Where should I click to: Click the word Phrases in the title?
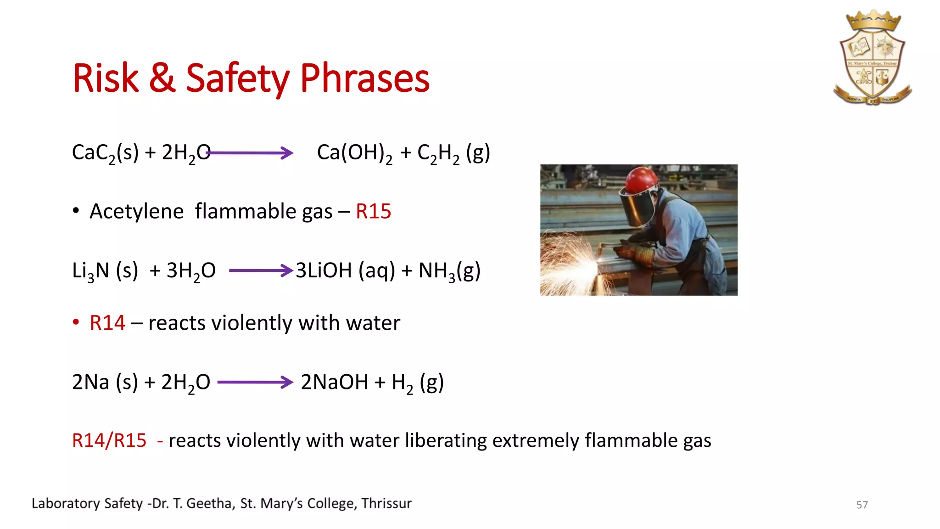[x=365, y=79]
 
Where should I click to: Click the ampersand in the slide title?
[x=162, y=79]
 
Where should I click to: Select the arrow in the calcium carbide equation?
[x=250, y=153]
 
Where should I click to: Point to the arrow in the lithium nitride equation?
[x=261, y=270]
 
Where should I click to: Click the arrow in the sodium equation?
[x=255, y=382]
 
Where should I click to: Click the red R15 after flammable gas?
[x=373, y=212]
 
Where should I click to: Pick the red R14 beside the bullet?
[x=107, y=323]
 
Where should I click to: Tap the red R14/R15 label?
[x=109, y=440]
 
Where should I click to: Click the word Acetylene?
[x=137, y=212]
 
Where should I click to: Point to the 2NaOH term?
[x=335, y=382]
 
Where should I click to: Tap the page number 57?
[x=862, y=505]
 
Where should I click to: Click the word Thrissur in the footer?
[x=386, y=503]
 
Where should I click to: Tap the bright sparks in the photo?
[x=571, y=262]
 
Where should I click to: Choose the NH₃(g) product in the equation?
[x=449, y=270]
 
